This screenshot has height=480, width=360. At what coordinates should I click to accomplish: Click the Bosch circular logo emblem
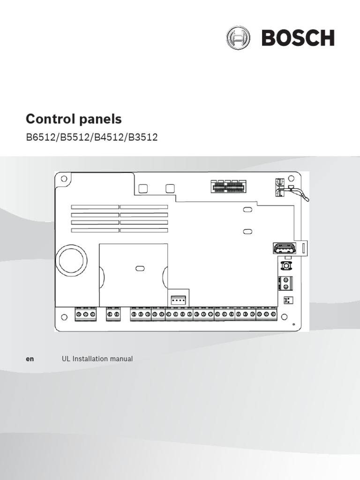pyautogui.click(x=237, y=37)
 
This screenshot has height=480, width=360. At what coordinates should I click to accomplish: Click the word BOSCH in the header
pyautogui.click(x=298, y=38)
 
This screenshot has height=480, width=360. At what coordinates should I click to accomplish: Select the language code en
pyautogui.click(x=30, y=359)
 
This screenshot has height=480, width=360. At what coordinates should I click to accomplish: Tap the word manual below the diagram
pyautogui.click(x=121, y=359)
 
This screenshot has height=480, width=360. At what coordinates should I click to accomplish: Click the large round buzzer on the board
pyautogui.click(x=72, y=257)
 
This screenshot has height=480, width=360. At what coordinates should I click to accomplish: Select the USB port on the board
pyautogui.click(x=284, y=248)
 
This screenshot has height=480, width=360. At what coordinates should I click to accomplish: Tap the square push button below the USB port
pyautogui.click(x=285, y=266)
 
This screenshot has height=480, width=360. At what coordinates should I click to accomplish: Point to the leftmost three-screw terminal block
pyautogui.click(x=85, y=314)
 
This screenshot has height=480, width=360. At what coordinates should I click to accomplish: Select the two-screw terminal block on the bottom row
pyautogui.click(x=113, y=314)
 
